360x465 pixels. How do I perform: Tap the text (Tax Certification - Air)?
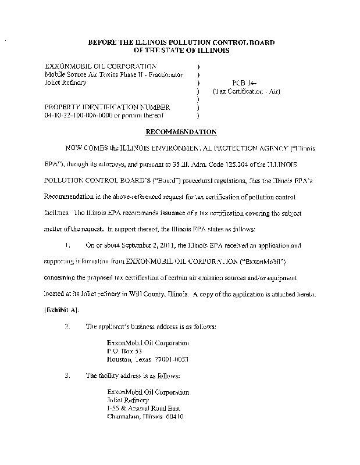(238, 91)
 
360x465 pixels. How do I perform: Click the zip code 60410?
(174, 417)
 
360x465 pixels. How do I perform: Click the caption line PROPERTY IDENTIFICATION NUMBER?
(108, 107)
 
